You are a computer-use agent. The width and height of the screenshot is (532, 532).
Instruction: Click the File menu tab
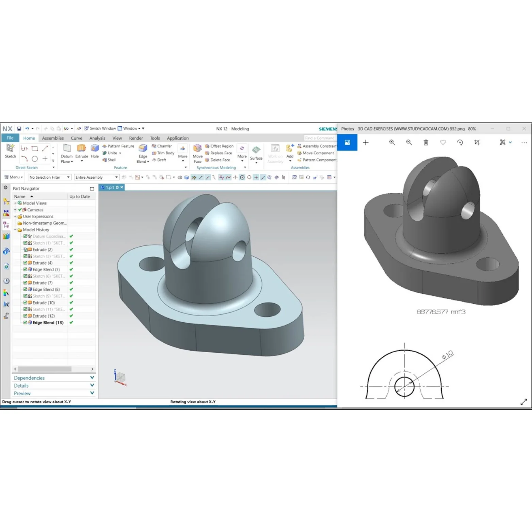tap(10, 138)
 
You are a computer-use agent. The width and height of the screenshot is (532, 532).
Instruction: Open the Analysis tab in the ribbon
tap(97, 138)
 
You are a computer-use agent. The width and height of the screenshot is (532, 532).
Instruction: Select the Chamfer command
tap(162, 146)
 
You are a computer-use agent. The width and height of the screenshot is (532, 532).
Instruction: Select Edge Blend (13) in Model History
tap(48, 323)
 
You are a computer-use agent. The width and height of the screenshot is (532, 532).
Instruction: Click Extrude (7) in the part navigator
tap(43, 283)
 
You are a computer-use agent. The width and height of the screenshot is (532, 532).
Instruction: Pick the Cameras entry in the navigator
tap(35, 210)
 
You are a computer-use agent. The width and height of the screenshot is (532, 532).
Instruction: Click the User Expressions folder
tap(38, 216)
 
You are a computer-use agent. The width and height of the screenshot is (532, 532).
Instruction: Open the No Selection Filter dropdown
tap(49, 177)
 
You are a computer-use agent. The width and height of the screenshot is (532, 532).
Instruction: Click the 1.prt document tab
tap(110, 188)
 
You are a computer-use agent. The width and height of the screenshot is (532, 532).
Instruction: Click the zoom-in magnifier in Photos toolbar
tap(392, 143)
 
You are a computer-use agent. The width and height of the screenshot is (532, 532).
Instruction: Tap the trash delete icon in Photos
tap(426, 143)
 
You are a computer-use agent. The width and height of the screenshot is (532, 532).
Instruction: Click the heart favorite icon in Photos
tap(443, 143)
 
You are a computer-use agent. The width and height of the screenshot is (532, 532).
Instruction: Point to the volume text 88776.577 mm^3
tap(441, 312)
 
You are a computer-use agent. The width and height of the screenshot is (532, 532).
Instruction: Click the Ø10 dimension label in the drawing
tap(448, 355)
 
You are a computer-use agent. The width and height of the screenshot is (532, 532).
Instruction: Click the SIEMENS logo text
tap(327, 129)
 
